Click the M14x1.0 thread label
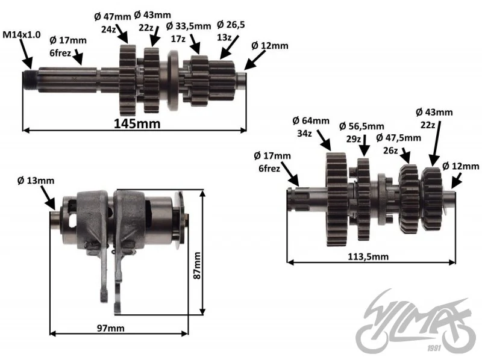coord(22,34)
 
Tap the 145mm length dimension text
coord(137,123)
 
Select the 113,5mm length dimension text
coord(368,256)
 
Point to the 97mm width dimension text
coord(111,328)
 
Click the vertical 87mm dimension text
coord(197,265)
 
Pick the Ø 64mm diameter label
coord(311,121)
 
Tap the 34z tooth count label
coord(304,134)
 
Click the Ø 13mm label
coord(36,181)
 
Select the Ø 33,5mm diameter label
coord(189,26)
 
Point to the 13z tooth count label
coord(224,37)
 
